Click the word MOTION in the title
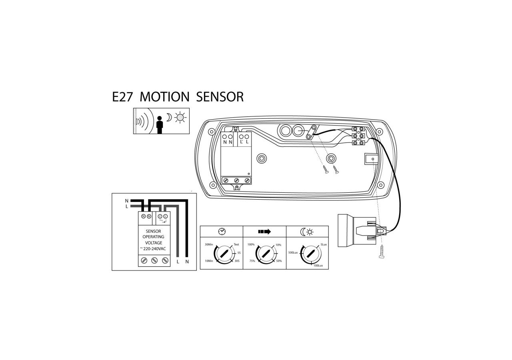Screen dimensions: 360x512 pos(164,97)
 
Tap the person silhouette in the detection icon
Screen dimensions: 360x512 pos(160,124)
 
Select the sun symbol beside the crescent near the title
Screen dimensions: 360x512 pos(181,117)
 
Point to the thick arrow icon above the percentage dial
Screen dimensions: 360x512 pos(264,231)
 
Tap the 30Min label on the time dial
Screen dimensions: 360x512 pos(209,244)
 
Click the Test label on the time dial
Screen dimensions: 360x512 pos(236,244)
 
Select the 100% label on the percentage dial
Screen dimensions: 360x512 pos(251,244)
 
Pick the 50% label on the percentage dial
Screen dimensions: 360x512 pos(279,261)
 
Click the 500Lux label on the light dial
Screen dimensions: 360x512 pos(293,253)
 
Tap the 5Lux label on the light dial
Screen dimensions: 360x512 pos(324,244)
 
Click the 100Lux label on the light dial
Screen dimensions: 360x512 pos(318,266)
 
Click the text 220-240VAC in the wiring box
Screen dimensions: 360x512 pos(154,248)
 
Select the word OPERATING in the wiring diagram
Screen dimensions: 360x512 pos(154,237)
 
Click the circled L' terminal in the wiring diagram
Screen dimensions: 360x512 pos(160,216)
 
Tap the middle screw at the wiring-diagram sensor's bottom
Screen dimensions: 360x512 pos(154,261)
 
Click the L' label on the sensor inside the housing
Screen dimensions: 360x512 pos(242,142)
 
